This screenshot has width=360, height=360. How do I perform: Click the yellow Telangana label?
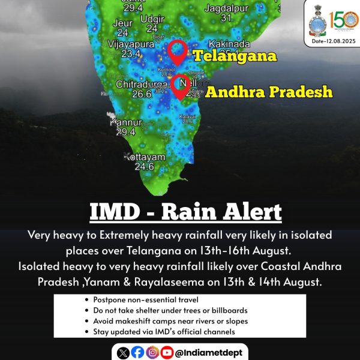coord(235,57)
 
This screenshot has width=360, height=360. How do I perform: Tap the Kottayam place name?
coord(144,157)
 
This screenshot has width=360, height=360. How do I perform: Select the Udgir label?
coord(152,19)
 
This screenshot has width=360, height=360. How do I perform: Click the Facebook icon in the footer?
coord(137,352)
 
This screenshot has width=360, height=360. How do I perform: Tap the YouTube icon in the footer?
coord(166,352)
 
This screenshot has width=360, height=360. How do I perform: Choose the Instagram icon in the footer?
coord(152,352)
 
